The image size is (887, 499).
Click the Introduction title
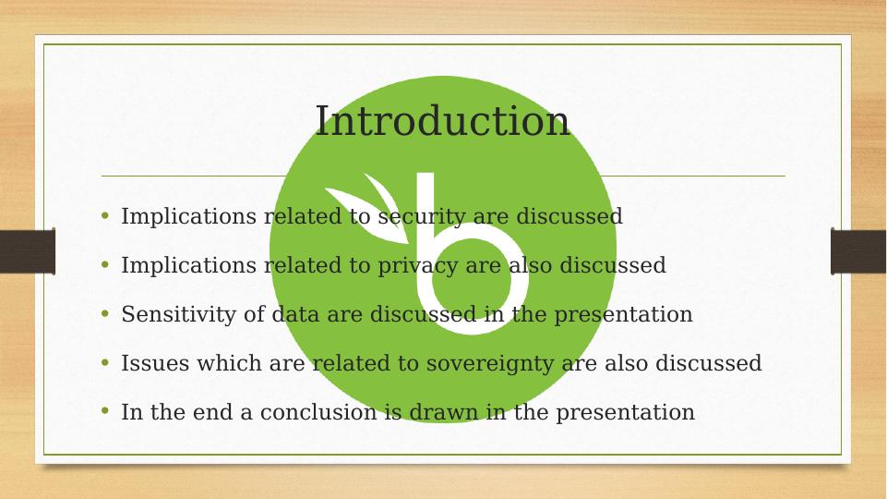click(x=442, y=121)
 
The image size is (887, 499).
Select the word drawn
click(x=443, y=412)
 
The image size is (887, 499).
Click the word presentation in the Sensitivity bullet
click(x=623, y=315)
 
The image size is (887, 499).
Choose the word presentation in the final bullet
click(x=625, y=413)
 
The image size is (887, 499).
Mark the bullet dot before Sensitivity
click(x=105, y=313)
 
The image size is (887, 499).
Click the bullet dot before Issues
click(x=105, y=362)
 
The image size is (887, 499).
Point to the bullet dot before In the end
click(x=105, y=410)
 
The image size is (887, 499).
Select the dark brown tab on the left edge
click(x=27, y=251)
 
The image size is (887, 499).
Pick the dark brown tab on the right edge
click(x=858, y=251)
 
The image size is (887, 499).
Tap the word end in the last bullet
click(x=212, y=412)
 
